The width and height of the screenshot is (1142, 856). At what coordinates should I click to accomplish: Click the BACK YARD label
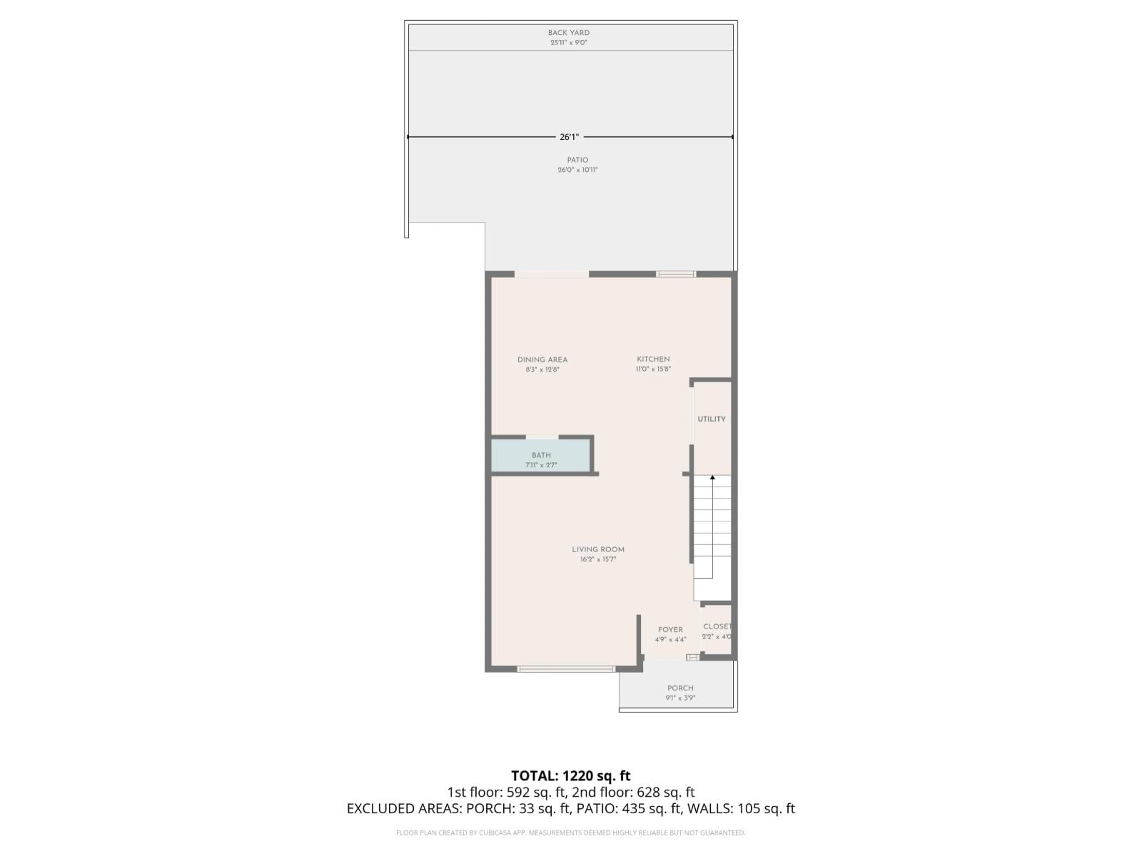(568, 33)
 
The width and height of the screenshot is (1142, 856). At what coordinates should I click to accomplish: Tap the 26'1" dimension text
(569, 137)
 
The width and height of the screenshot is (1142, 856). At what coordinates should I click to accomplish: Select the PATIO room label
(577, 160)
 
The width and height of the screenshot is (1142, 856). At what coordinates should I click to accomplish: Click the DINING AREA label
(542, 360)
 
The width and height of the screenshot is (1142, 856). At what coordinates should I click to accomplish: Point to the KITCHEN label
(653, 360)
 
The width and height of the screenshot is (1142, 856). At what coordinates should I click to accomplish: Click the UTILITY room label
(712, 419)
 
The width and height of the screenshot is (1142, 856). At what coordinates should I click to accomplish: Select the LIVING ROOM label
(598, 549)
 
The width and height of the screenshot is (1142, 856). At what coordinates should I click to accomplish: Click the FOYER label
(670, 630)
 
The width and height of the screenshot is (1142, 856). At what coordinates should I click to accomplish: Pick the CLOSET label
(717, 626)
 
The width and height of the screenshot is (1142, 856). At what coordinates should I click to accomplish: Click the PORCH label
(680, 688)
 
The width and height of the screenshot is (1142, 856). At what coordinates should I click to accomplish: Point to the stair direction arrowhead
(712, 477)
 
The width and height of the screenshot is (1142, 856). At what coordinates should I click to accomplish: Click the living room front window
(566, 669)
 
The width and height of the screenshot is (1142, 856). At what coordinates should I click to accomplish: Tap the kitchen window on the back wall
(676, 274)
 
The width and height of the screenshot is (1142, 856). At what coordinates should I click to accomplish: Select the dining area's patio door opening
(552, 274)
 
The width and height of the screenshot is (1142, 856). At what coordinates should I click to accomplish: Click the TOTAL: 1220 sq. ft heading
(570, 775)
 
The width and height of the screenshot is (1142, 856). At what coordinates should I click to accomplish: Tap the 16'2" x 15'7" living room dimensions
(598, 560)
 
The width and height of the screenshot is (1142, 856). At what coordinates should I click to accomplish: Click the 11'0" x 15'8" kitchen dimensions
(653, 370)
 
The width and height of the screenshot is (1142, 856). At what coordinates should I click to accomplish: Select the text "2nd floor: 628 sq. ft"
(633, 792)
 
